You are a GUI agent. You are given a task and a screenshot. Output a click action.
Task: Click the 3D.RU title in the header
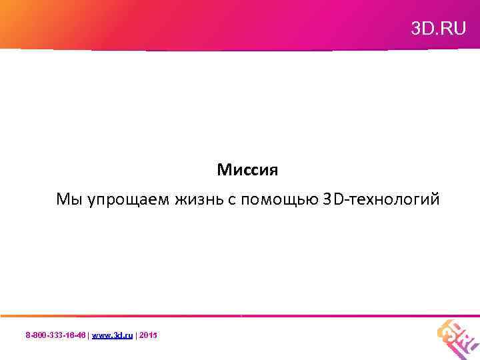click(438, 29)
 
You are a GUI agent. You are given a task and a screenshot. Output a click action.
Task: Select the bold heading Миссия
click(247, 170)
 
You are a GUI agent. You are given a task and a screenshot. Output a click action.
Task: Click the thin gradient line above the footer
click(240, 315)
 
